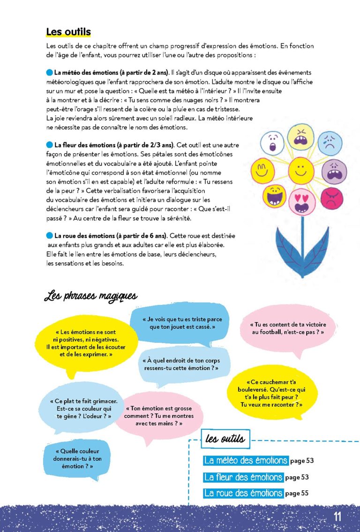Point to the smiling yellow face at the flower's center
tap(301, 170)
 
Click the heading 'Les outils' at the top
tap(68, 32)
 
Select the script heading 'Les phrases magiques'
tap(90, 296)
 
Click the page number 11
tap(337, 517)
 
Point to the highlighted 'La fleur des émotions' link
tap(243, 477)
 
